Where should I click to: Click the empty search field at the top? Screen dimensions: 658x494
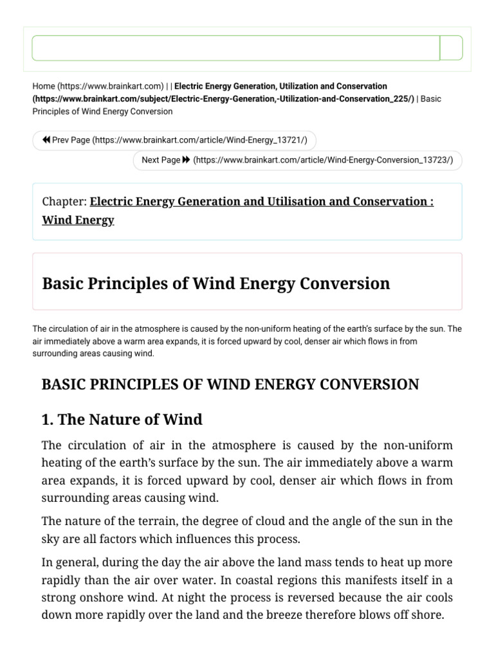point(235,48)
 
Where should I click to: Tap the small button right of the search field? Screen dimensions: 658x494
point(451,48)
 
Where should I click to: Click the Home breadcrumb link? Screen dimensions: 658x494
point(44,85)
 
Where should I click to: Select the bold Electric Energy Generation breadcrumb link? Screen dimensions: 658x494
point(280,85)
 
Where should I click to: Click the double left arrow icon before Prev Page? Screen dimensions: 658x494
point(46,140)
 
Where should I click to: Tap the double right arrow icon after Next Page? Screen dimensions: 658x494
point(187,160)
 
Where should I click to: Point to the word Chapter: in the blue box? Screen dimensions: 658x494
point(64,202)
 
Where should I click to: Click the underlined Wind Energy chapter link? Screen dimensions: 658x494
point(78,220)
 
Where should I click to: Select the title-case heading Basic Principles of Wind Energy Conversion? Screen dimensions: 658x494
point(215,283)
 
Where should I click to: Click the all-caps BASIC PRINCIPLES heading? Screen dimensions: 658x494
point(230,384)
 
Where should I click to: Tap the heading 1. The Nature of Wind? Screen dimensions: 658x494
point(122,420)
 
